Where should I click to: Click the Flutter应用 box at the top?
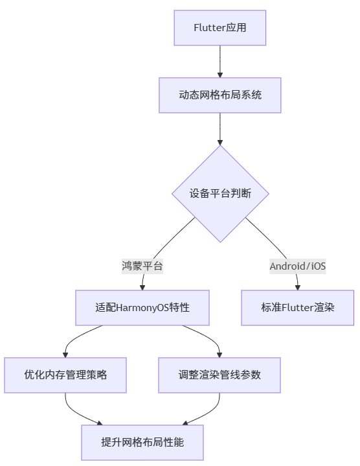(x=220, y=28)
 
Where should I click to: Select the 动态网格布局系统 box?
(x=220, y=95)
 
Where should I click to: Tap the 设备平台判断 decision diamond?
(x=220, y=194)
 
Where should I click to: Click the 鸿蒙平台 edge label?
(x=142, y=266)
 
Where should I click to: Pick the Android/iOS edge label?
(x=297, y=266)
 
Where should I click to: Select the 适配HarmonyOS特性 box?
(x=142, y=307)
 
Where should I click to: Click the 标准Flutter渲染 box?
(x=298, y=307)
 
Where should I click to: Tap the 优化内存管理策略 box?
(x=65, y=375)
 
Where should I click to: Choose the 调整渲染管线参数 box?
(x=220, y=375)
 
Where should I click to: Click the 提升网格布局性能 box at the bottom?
(x=142, y=442)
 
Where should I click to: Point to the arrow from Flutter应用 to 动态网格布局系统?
(x=220, y=62)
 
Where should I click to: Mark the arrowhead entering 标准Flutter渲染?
(x=298, y=286)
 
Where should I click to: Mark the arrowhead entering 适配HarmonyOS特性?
(x=142, y=286)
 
